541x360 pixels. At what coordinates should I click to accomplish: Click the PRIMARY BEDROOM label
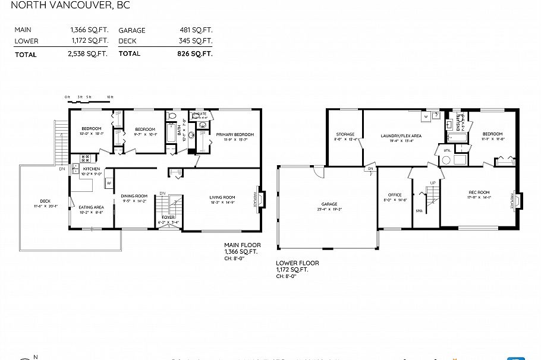(x=234, y=135)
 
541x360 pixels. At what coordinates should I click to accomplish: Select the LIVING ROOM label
(x=222, y=198)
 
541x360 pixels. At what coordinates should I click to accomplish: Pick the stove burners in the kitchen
(x=84, y=159)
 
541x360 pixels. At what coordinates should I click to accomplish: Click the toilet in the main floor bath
(x=172, y=116)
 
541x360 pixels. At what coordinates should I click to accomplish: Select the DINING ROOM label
(x=134, y=196)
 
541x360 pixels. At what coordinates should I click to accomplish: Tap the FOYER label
(x=168, y=217)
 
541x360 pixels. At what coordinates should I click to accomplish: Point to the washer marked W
(x=426, y=117)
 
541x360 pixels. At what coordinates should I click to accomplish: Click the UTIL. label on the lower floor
(x=446, y=151)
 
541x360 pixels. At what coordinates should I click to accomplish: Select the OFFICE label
(x=395, y=195)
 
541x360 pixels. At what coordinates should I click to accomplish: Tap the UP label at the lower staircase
(x=432, y=182)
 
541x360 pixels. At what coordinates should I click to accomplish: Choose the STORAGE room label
(x=345, y=134)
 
